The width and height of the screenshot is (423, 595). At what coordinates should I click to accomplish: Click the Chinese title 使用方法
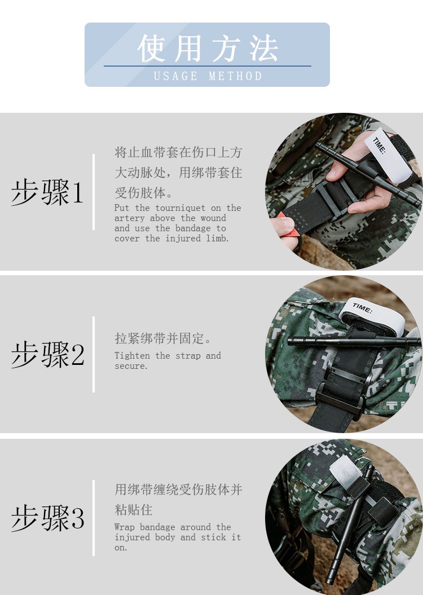[208, 48]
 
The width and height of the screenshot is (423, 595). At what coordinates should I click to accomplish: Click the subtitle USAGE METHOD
[208, 76]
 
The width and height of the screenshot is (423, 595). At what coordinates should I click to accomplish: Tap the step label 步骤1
[47, 192]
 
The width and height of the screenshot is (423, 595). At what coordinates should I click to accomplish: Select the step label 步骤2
[48, 354]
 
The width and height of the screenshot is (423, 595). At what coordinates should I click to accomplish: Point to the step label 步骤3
[48, 517]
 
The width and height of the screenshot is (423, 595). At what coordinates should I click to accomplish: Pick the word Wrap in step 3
[125, 527]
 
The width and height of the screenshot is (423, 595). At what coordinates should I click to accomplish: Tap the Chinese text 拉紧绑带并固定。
[162, 338]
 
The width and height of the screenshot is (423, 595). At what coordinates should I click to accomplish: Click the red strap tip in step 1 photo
[288, 227]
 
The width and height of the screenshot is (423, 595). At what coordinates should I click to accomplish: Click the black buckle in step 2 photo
[340, 403]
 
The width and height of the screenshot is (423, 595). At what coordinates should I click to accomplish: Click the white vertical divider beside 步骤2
[94, 354]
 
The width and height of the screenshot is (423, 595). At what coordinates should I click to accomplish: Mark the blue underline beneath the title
[208, 66]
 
